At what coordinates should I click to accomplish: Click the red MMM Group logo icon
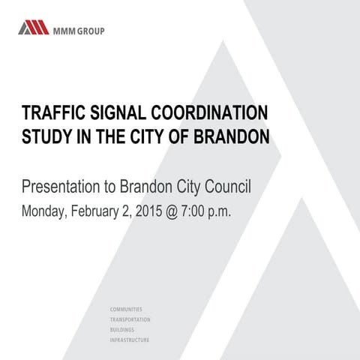click(33, 29)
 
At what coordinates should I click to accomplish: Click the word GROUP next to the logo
click(91, 31)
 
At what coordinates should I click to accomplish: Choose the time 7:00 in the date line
click(206, 211)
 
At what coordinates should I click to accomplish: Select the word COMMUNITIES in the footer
click(126, 309)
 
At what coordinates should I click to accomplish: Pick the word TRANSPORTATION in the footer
click(130, 319)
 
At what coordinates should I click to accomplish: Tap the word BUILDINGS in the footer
click(123, 329)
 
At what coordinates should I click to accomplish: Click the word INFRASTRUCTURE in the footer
click(130, 340)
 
